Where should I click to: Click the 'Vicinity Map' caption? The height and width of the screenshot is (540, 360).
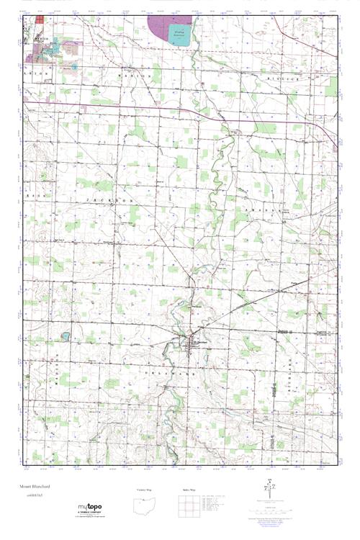(145, 489)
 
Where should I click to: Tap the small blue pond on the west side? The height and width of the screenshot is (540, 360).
(64, 336)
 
